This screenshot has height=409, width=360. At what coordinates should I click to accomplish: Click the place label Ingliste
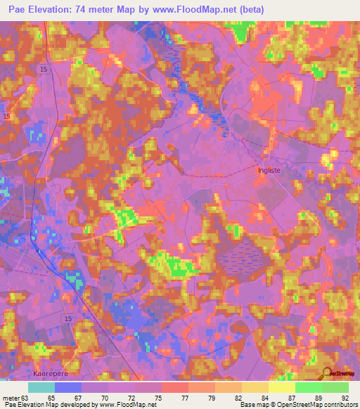tap(268, 170)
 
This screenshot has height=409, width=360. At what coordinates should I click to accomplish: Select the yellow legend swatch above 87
tap(281, 387)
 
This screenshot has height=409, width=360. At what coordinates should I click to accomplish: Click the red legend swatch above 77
tap(174, 387)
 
